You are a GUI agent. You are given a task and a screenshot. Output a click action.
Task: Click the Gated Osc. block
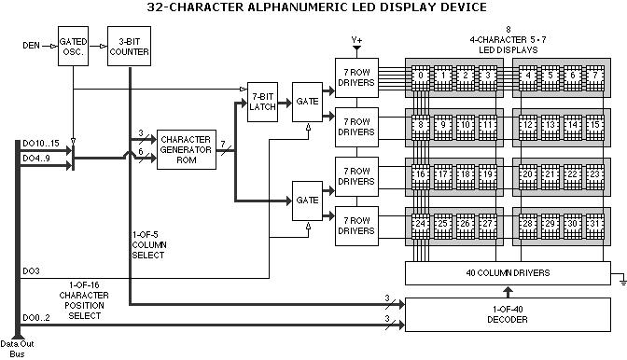pos(73,47)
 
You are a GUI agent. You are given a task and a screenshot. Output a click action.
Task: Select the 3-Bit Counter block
pos(129,47)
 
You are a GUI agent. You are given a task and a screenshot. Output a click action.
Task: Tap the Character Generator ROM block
pos(187,149)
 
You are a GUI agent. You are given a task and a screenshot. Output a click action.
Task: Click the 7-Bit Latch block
pos(263,102)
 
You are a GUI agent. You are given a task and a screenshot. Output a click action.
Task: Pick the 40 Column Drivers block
pos(508,273)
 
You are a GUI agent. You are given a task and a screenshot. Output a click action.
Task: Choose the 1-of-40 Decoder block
pos(508,314)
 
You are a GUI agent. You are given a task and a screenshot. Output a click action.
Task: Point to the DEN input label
pos(31,46)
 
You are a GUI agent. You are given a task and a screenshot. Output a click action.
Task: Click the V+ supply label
pos(356,40)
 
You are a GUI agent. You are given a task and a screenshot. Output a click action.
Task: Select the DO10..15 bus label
pos(41,144)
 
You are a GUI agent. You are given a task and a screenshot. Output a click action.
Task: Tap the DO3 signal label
pos(31,271)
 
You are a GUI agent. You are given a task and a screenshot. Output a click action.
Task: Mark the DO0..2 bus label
pos(36,318)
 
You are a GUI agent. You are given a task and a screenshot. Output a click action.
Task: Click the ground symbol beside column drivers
pos(622,282)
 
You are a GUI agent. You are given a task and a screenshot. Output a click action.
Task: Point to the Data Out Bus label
pos(17,349)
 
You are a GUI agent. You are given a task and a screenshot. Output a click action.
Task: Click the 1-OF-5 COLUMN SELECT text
pos(149,245)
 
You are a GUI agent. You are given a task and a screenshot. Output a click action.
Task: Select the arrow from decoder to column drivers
pos(508,292)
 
